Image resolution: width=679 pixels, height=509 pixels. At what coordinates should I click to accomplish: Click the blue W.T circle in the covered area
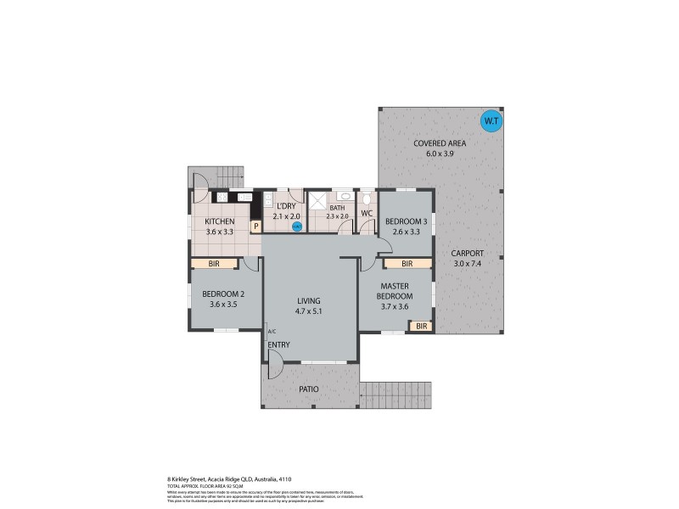point(491,121)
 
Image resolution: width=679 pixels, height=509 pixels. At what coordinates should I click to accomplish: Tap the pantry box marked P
point(255,227)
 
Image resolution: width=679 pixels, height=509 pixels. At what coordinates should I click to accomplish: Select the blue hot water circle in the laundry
point(296,227)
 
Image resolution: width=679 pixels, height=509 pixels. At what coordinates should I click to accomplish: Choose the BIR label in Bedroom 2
point(214,264)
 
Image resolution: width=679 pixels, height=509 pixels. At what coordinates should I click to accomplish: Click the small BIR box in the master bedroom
point(421,325)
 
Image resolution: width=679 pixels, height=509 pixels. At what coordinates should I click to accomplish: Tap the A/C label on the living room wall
point(272,331)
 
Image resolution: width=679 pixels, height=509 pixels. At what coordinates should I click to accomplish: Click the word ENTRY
point(278,344)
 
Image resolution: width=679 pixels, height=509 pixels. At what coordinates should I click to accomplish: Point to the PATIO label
point(310,389)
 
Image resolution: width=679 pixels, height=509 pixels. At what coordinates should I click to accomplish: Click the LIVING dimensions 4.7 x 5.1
point(309,311)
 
